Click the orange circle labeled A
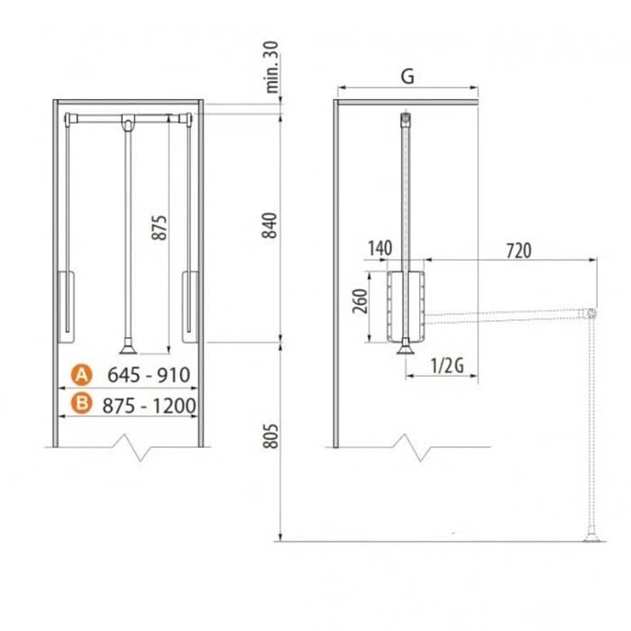pos(82,375)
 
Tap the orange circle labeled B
pos(82,403)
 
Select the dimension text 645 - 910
pos(149,375)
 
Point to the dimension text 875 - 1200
pos(149,406)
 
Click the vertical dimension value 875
pos(160,228)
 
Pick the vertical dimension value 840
pos(270,225)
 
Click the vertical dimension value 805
pos(270,435)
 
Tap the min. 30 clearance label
pos(272,68)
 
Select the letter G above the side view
pos(407,76)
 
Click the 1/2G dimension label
pos(447,366)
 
